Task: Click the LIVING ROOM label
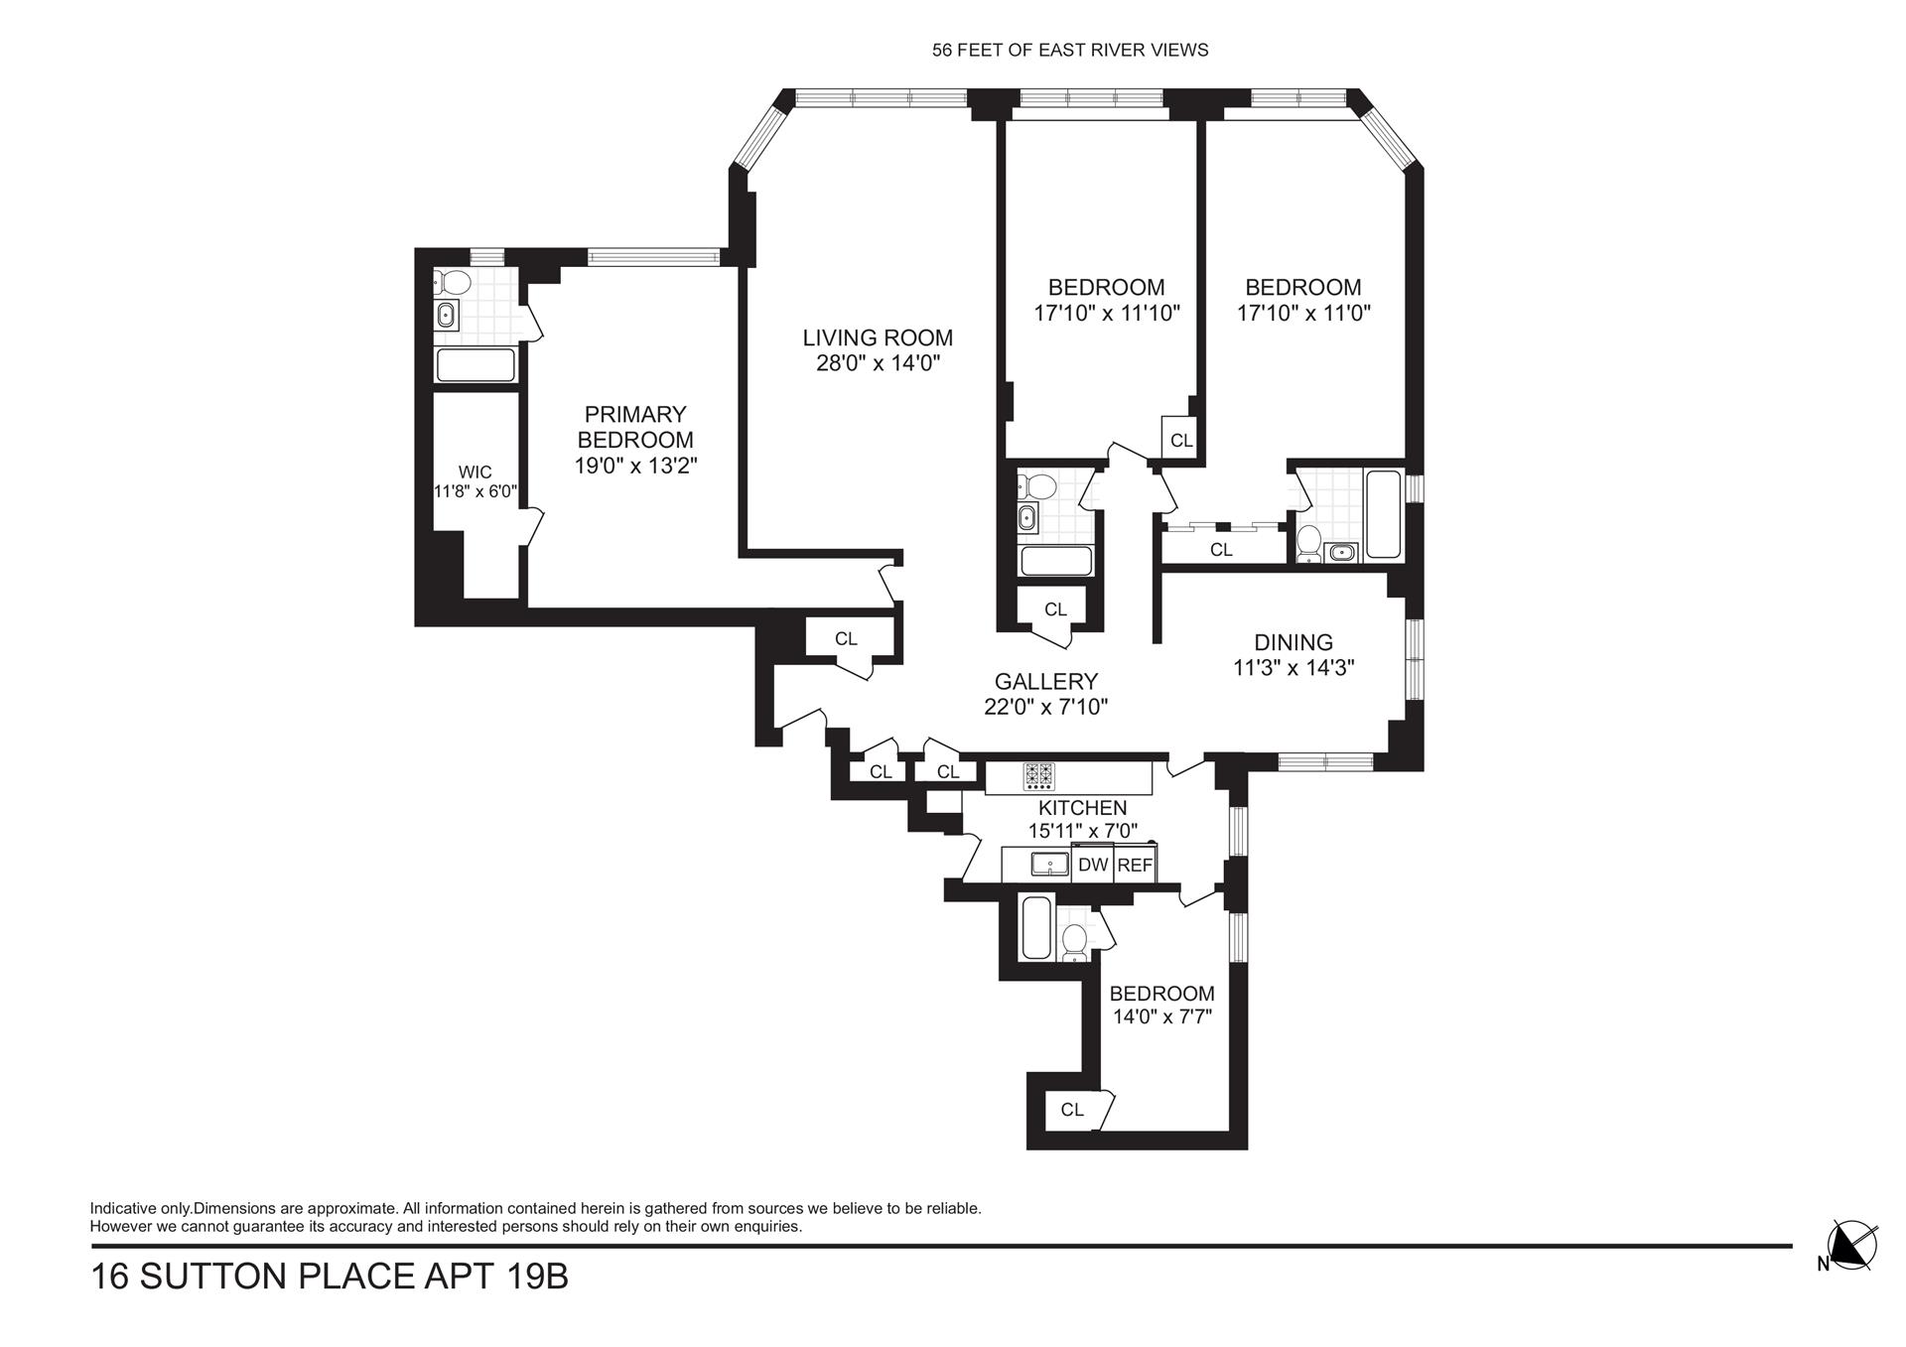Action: (878, 338)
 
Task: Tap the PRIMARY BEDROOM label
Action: (635, 427)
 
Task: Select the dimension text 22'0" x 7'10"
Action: (1046, 707)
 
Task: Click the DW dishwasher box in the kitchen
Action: (1093, 865)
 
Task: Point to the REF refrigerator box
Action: (1135, 865)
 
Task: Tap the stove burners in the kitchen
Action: (1039, 774)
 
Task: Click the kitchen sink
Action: (1049, 864)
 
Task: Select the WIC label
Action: (475, 472)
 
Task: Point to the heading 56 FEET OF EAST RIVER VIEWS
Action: (1070, 51)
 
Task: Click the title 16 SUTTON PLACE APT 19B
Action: (330, 1277)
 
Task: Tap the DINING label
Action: (1293, 642)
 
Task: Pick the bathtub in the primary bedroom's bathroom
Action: (476, 365)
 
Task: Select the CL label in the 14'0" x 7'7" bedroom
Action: (1072, 1110)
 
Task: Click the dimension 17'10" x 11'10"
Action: (1107, 314)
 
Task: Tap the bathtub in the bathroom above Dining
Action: (1384, 515)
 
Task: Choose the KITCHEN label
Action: (1082, 808)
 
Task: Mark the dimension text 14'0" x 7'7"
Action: (1162, 1017)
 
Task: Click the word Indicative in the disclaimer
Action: (121, 1209)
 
